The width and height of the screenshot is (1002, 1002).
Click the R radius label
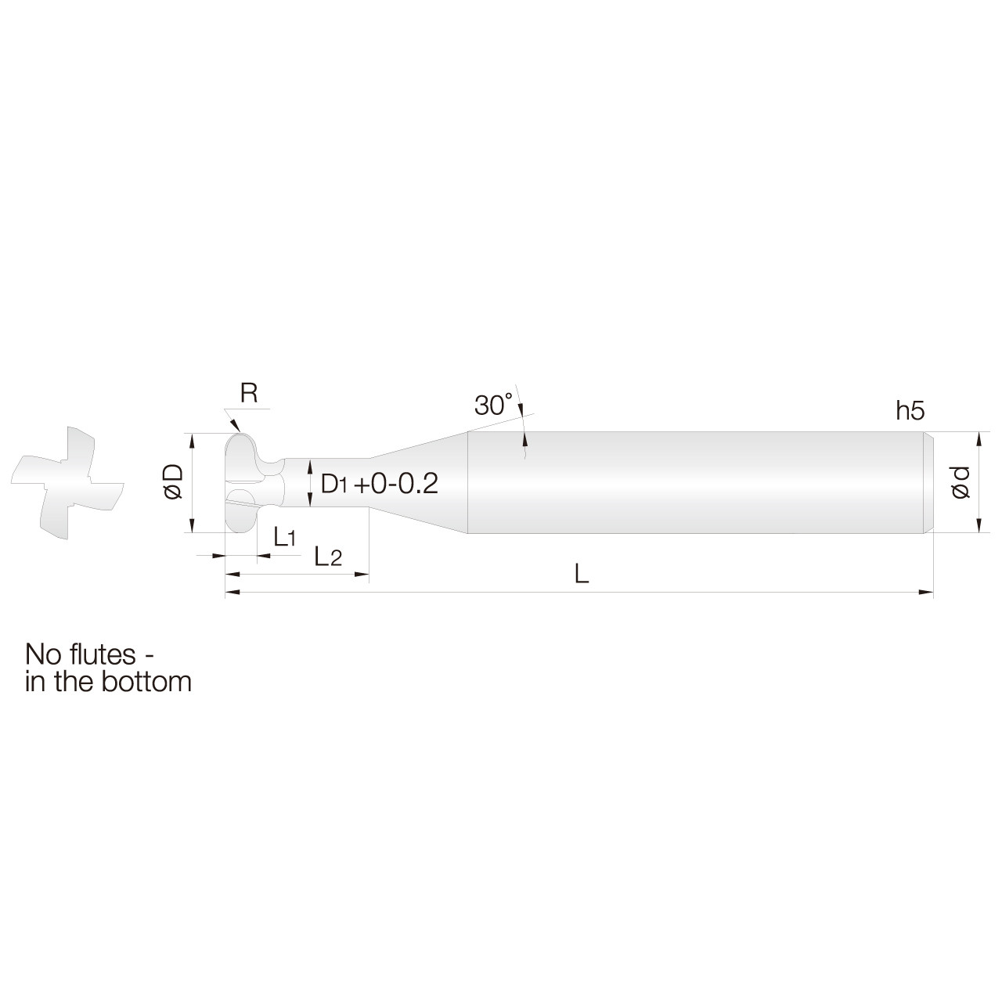point(249,393)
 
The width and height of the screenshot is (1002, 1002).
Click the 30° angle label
point(493,405)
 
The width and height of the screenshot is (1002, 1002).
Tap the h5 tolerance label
point(910,410)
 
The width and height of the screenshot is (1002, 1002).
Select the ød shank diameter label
point(961,482)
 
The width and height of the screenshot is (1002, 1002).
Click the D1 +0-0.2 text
point(380,484)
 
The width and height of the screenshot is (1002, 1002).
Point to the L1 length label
point(284,537)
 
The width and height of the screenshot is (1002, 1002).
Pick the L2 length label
point(327,557)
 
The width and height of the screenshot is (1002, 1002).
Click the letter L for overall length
point(580,575)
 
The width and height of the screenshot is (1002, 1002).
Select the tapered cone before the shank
point(423,482)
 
